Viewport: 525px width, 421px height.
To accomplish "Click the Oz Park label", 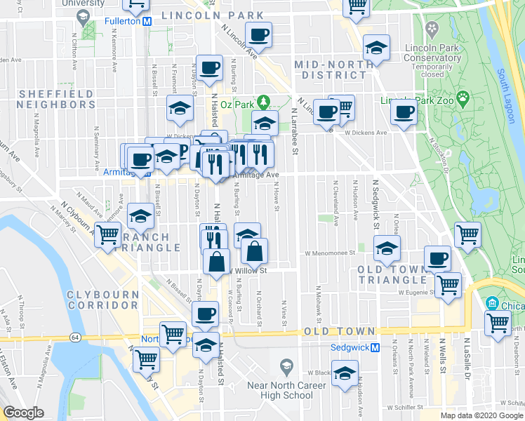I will pyautogui.click(x=236, y=104).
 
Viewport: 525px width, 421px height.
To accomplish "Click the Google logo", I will pyautogui.click(x=23, y=413).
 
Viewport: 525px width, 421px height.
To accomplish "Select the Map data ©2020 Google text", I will pyautogui.click(x=481, y=415).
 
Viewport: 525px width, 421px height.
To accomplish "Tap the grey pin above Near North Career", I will pyautogui.click(x=286, y=366).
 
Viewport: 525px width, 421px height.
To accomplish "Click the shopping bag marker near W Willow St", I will pyautogui.click(x=254, y=250).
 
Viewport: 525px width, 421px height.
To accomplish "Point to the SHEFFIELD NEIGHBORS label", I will pyautogui.click(x=57, y=99).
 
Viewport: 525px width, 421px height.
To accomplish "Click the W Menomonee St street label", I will pyautogui.click(x=328, y=254).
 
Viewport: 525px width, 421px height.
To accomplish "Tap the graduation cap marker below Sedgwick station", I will pyautogui.click(x=345, y=373).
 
